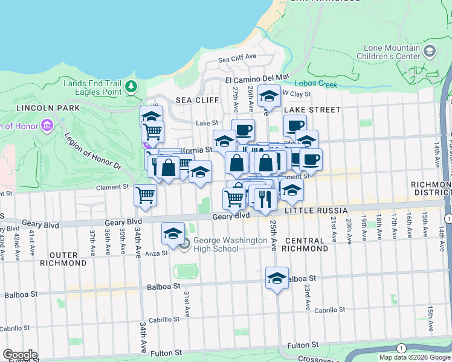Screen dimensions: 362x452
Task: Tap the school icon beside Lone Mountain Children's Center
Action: tap(430, 51)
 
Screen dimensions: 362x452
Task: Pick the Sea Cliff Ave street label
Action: tap(237, 59)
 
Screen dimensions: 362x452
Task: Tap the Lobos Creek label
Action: tap(316, 84)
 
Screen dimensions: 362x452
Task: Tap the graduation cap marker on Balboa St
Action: tap(277, 278)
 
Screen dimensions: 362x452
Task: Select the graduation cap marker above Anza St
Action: tap(173, 233)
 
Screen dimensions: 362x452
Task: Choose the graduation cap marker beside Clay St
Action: tap(270, 95)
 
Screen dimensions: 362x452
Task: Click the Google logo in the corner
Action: tap(19, 355)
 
